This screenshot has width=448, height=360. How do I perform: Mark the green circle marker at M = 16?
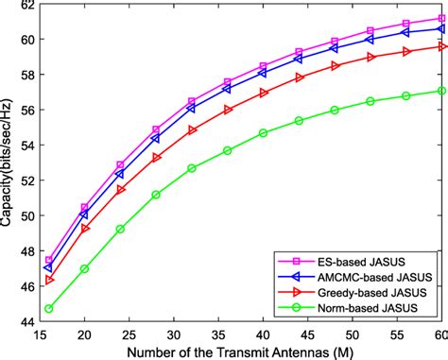(48, 308)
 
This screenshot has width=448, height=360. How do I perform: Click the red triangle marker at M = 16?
(48, 280)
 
